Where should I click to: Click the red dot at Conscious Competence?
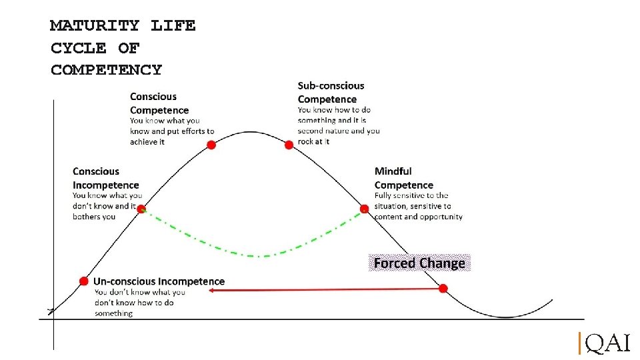211,145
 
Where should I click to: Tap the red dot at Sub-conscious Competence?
289,145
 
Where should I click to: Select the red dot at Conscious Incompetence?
141,209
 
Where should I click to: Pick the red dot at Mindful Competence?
364,209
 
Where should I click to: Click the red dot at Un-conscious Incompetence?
83,281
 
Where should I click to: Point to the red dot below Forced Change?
443,288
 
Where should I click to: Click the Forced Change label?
419,263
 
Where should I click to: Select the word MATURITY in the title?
95,26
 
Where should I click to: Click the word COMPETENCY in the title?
106,69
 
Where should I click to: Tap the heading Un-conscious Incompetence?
159,281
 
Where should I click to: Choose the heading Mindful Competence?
403,178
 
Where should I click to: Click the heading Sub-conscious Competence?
331,92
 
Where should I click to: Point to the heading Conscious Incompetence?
105,178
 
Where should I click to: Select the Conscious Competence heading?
159,103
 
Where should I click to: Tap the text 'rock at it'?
313,141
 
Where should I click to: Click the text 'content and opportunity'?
418,217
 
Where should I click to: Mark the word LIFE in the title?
173,26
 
